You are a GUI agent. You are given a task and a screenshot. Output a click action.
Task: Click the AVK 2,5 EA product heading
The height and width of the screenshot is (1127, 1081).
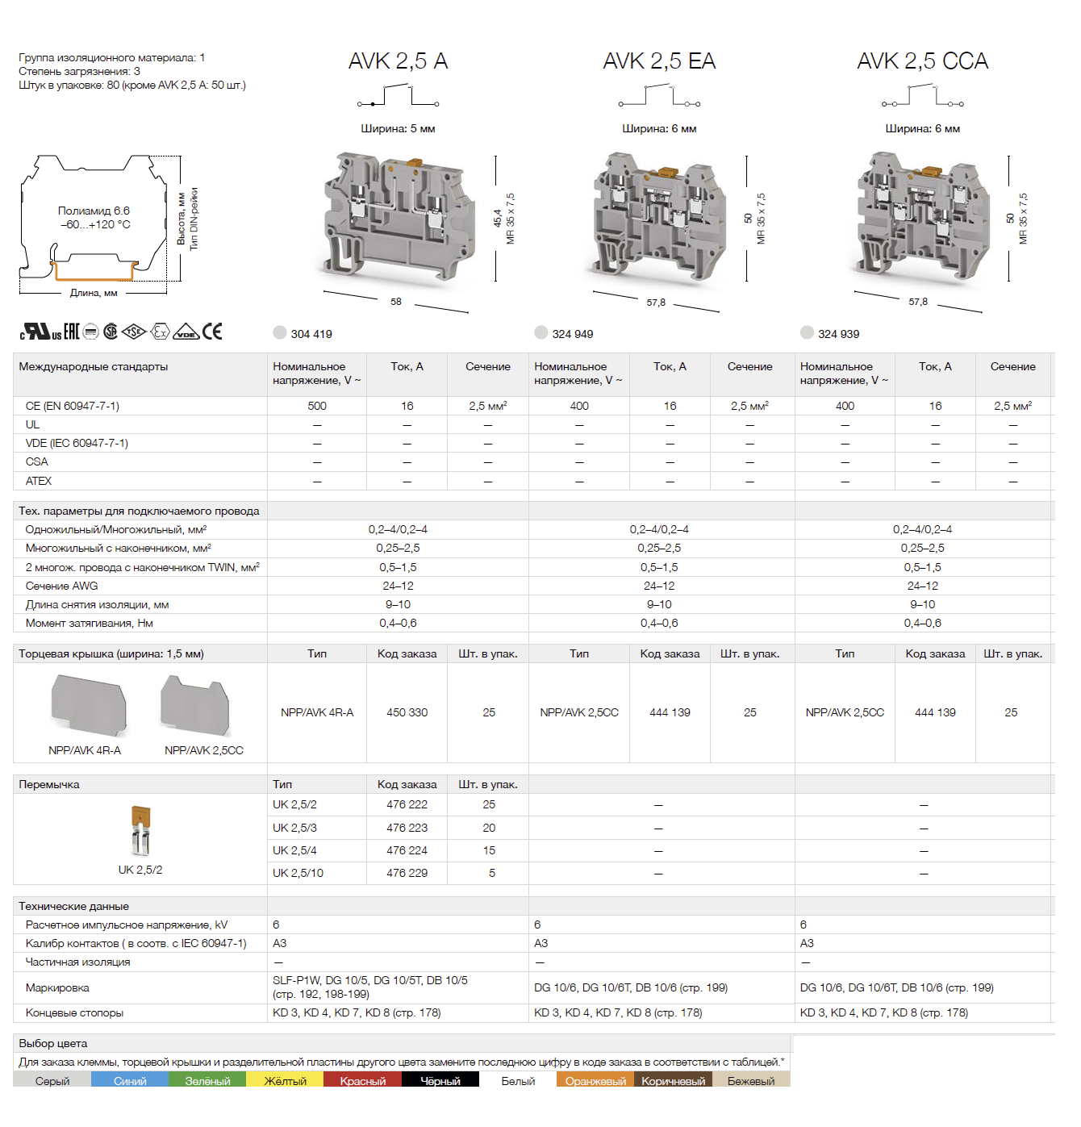[x=659, y=61]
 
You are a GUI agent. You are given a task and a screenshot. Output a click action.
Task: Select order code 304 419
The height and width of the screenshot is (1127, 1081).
[x=311, y=334]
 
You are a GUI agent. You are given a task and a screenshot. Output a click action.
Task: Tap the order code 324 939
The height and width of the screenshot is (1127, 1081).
[x=838, y=334]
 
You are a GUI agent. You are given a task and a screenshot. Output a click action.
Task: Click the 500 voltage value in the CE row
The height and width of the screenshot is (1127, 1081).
[x=317, y=406]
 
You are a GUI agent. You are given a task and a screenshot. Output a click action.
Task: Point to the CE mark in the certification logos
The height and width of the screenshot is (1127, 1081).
[x=212, y=332]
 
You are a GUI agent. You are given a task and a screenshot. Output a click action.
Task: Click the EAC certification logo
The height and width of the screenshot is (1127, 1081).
[x=71, y=332]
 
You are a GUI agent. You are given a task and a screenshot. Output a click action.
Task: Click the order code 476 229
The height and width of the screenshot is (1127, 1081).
[x=407, y=873]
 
